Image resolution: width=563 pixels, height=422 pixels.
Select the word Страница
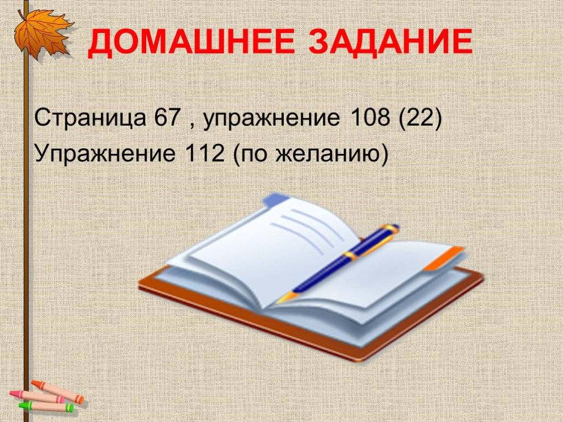[x=90, y=118]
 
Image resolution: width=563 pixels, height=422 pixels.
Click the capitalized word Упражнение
[x=105, y=154]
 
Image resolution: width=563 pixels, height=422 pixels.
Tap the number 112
[x=205, y=153]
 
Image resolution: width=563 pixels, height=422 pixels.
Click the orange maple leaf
[x=42, y=33]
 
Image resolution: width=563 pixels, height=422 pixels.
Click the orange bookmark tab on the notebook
[x=444, y=258]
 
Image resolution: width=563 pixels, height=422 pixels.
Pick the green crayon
[x=46, y=407]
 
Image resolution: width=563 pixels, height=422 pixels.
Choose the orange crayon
[x=57, y=391]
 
